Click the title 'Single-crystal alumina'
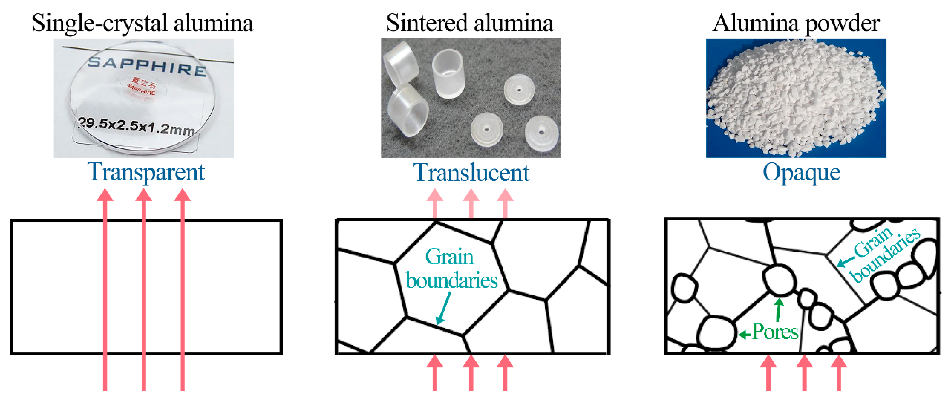coord(143,23)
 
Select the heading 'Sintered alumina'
coord(470,23)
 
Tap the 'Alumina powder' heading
coord(796,23)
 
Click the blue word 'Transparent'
coord(146,172)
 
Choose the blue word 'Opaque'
coord(801,172)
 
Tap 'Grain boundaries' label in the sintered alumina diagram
coord(451,269)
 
